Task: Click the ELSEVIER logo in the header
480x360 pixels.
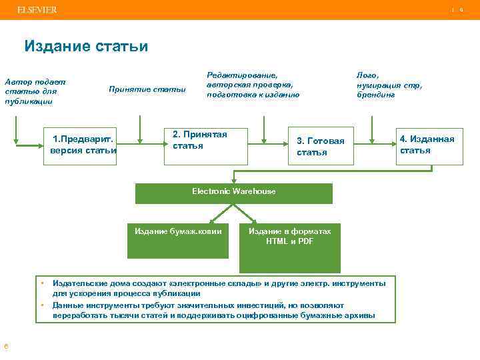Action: [37, 10]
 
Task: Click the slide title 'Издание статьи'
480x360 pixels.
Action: [86, 47]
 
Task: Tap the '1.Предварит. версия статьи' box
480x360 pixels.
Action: [80, 145]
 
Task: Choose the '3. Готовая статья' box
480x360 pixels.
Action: [321, 146]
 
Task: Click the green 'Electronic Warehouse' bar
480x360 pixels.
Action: [234, 193]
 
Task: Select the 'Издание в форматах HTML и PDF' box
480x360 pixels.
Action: [290, 240]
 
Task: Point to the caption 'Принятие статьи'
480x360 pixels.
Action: [147, 89]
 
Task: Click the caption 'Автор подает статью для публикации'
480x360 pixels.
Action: [35, 91]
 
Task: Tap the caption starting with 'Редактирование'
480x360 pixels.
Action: [253, 85]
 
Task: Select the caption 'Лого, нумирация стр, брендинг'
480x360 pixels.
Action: [389, 85]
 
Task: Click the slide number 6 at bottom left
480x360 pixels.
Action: [6, 345]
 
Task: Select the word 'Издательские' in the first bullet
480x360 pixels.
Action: [78, 283]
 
